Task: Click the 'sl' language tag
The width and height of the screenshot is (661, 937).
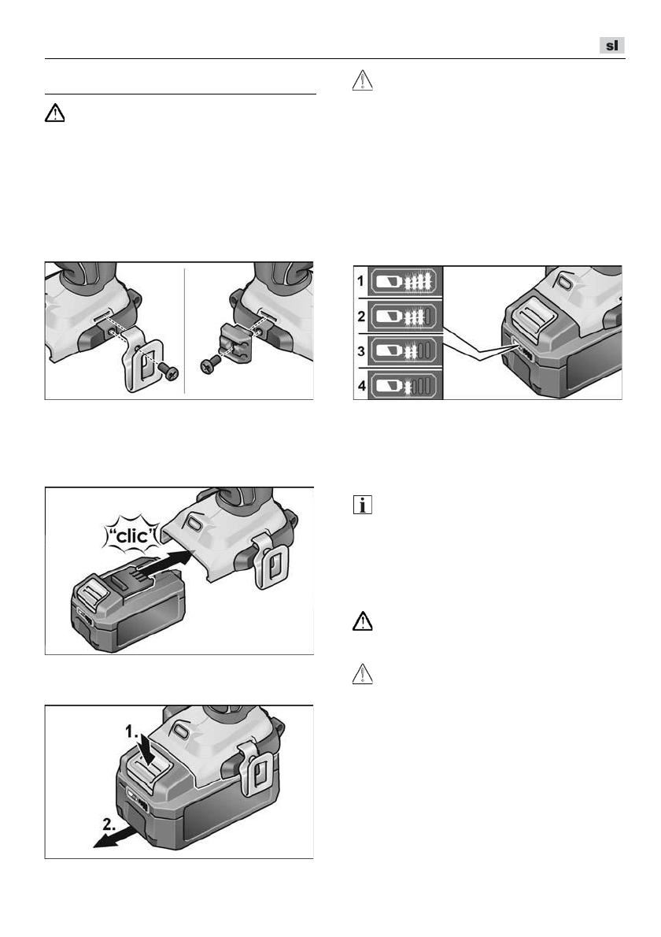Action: pyautogui.click(x=612, y=46)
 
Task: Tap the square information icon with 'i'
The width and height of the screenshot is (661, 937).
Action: pyautogui.click(x=363, y=505)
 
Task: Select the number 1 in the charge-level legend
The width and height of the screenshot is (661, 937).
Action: pyautogui.click(x=360, y=280)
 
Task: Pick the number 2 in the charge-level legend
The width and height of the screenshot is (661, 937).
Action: pyautogui.click(x=360, y=316)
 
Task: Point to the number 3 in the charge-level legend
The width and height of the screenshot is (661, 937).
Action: pyautogui.click(x=360, y=350)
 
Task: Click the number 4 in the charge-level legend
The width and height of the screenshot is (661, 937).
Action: pyautogui.click(x=361, y=386)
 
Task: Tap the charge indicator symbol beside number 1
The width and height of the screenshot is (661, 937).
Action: pyautogui.click(x=404, y=281)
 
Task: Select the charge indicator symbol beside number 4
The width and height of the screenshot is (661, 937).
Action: pyautogui.click(x=404, y=386)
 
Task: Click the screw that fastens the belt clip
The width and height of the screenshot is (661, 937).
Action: pyautogui.click(x=169, y=372)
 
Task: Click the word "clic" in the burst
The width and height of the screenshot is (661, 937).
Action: pyautogui.click(x=131, y=536)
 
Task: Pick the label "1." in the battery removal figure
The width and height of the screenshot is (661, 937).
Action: pyautogui.click(x=131, y=731)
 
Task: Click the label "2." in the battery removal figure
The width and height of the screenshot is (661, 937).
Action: pyautogui.click(x=109, y=824)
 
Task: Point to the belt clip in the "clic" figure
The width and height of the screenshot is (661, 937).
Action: pyautogui.click(x=271, y=561)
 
